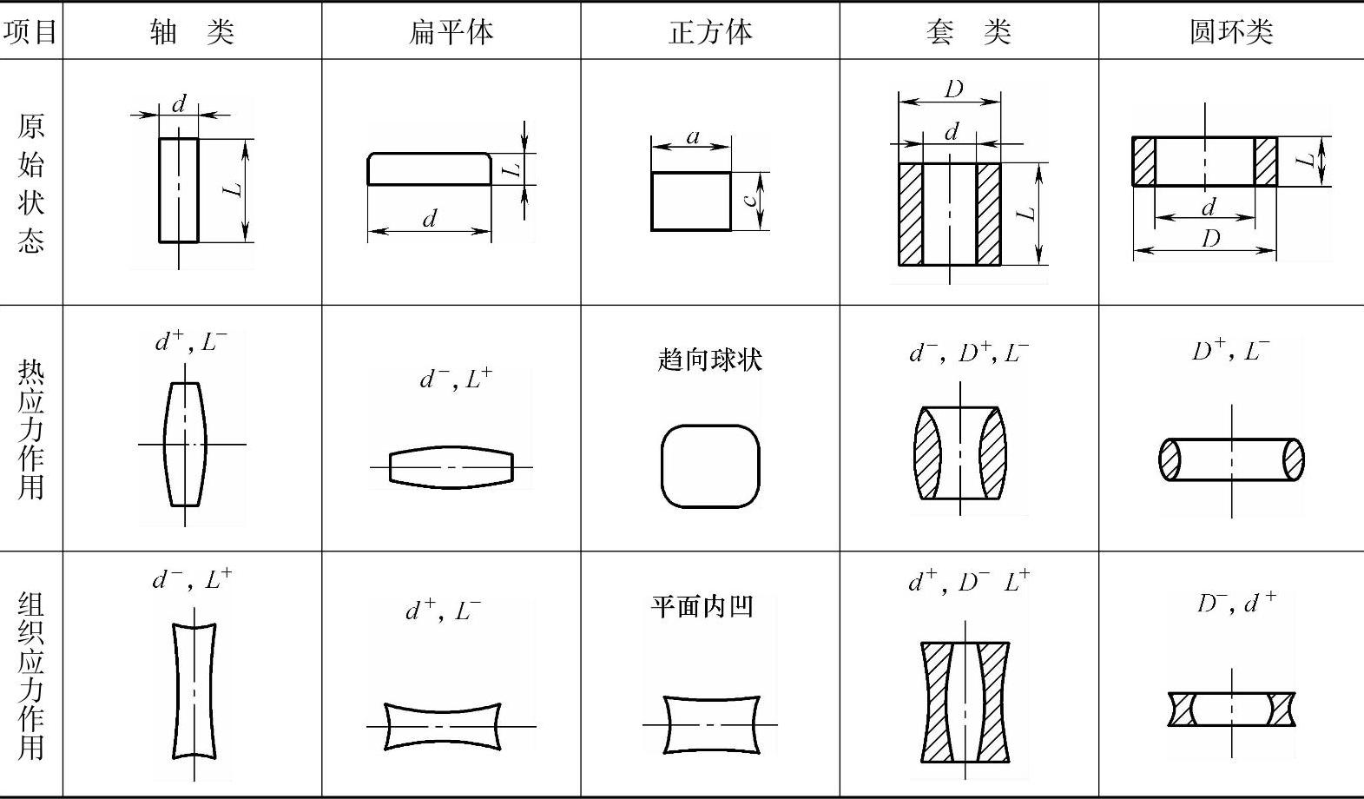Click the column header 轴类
[x=192, y=32]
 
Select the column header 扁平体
[x=451, y=32]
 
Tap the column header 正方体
[x=710, y=32]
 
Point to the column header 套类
[x=968, y=32]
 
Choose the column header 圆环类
[x=1230, y=32]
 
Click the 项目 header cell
[x=30, y=32]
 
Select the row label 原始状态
[x=30, y=182]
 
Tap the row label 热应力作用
[x=30, y=430]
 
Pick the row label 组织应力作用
[x=30, y=675]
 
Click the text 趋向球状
[x=710, y=360]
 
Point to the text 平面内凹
[x=702, y=606]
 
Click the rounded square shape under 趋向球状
[x=710, y=466]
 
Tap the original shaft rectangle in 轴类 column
[x=179, y=190]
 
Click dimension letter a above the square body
[x=692, y=136]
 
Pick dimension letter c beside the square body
[x=750, y=200]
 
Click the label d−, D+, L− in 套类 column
[x=969, y=353]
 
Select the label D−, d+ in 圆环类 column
[x=1236, y=603]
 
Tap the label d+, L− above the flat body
[x=443, y=611]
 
